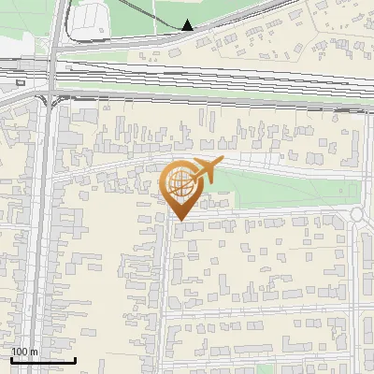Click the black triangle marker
coord(188,25)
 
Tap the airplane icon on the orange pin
coord(205,171)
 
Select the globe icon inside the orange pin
coord(180,183)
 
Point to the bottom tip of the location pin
coord(180,221)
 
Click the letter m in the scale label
coord(36,352)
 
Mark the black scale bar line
coord(43,359)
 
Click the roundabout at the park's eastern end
coord(357,215)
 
